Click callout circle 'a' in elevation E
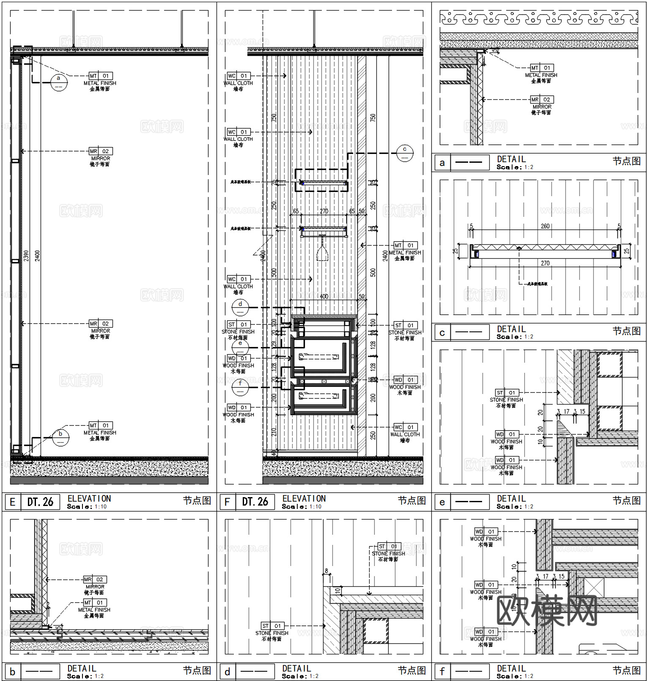point(59,82)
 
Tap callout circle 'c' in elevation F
point(405,153)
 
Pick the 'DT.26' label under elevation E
point(40,502)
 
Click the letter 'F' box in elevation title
point(227,502)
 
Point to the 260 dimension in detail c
point(545,226)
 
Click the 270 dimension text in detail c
point(545,263)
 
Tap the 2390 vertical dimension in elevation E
point(26,255)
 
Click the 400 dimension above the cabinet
point(324,296)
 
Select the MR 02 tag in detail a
point(541,100)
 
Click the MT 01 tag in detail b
point(94,602)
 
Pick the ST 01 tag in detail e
point(506,393)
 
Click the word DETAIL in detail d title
point(296,668)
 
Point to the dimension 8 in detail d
point(326,571)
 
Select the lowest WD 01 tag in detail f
point(485,632)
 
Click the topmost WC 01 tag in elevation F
point(238,76)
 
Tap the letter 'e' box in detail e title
point(442,502)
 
